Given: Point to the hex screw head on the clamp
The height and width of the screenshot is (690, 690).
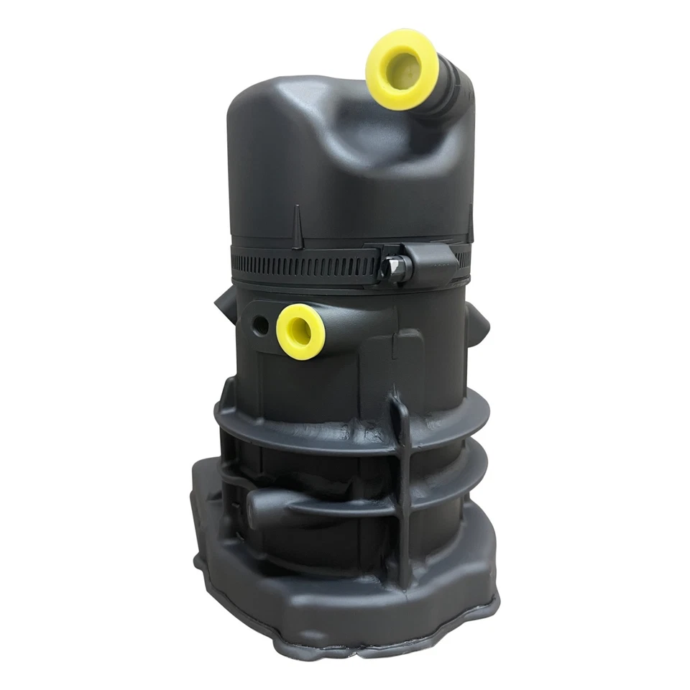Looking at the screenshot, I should click(x=395, y=268).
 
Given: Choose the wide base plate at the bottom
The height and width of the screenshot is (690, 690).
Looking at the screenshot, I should click(x=345, y=618).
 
